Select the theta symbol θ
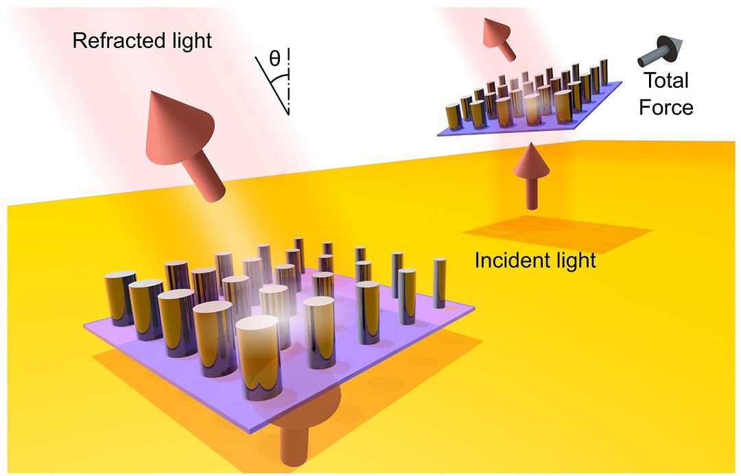274,58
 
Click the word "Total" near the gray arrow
666,80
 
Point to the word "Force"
666,107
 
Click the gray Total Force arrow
660,50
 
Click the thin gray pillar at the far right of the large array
440,283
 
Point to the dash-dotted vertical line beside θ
288,80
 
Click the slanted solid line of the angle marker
272,86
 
